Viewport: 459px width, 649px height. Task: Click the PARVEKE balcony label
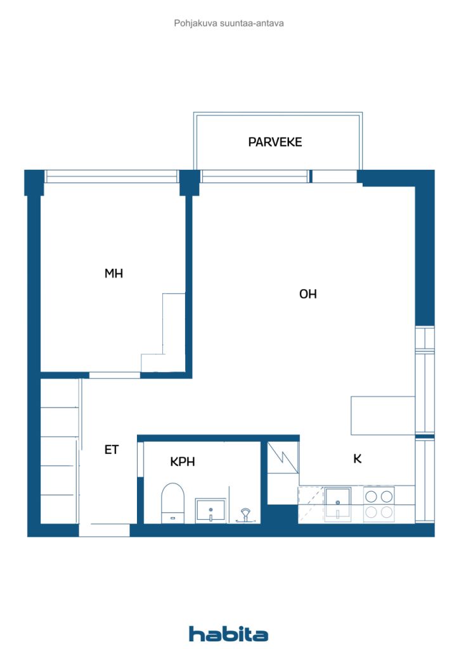[275, 142]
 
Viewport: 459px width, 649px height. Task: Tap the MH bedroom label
[113, 274]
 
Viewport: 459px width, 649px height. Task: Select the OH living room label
[307, 294]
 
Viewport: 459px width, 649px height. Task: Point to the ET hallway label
[112, 450]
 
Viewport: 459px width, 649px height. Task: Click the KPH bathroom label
[182, 462]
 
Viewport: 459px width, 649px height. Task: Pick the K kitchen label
[358, 459]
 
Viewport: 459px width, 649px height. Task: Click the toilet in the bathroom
[172, 502]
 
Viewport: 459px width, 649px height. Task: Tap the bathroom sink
[210, 510]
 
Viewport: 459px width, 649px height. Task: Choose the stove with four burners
[379, 504]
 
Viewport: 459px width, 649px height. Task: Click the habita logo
[229, 634]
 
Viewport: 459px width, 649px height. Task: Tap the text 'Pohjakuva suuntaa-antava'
[229, 23]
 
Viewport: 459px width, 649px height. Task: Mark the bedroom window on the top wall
[111, 176]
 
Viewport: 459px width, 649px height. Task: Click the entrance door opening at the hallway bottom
[105, 530]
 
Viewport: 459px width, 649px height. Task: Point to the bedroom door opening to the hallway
[114, 375]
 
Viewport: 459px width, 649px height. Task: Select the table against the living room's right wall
[383, 416]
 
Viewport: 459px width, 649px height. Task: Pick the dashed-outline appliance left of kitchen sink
[311, 504]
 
